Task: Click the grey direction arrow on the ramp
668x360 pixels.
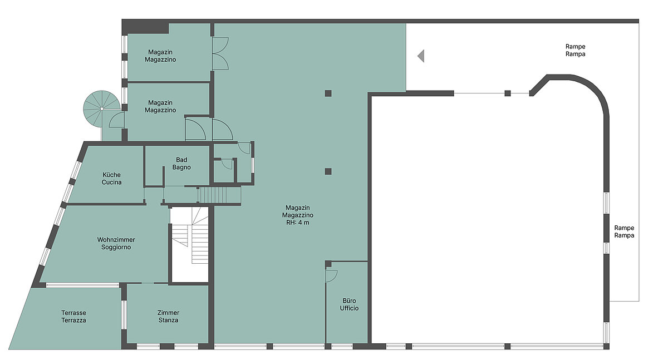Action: coord(421,56)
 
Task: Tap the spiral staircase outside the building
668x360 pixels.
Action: coord(102,109)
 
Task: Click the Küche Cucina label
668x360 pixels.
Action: coord(111,179)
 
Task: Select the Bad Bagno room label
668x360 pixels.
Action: coord(181,164)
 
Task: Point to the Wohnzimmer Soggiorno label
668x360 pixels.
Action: coord(116,243)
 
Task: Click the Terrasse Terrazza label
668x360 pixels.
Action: coord(73,317)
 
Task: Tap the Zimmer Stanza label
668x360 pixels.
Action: coord(168,317)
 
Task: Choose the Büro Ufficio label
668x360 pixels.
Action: coord(349,304)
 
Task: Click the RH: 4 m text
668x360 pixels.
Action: coord(298,223)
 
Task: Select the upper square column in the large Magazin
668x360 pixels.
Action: coord(328,93)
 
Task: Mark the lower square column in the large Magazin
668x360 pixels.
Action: coord(328,171)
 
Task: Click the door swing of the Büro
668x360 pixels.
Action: coord(331,275)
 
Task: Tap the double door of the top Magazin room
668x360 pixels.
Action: coord(220,53)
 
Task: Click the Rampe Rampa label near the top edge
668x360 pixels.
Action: coord(575,50)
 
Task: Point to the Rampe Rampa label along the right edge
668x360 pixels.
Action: coord(624,231)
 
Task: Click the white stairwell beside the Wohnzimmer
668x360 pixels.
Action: coord(190,244)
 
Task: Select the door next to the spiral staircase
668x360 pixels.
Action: coord(116,120)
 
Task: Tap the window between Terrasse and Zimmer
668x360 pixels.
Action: coord(124,315)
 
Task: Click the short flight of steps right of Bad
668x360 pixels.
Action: coord(220,195)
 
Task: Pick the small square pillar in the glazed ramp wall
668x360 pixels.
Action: coord(508,93)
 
